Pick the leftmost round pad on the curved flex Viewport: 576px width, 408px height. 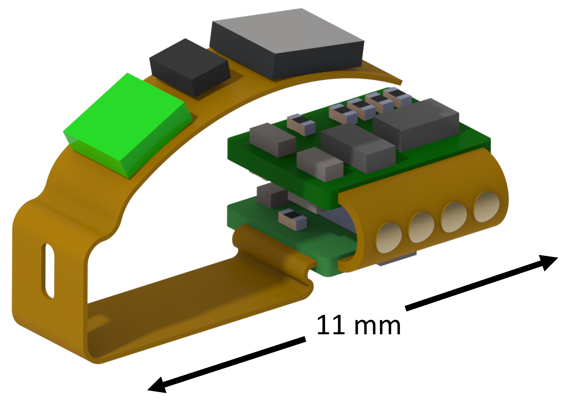388,238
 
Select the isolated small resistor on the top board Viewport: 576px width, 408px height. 301,125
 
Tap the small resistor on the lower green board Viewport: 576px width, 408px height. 292,218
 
